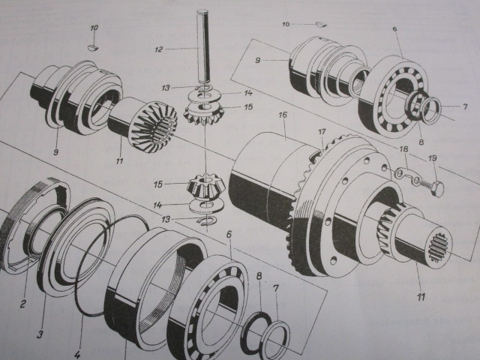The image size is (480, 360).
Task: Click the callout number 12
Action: (158, 49)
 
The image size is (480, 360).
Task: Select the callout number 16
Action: (283, 115)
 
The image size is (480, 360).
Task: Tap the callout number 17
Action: (323, 133)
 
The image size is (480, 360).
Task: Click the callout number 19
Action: (432, 159)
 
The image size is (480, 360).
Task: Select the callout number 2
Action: (23, 304)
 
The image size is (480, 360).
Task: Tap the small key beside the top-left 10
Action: (93, 46)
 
